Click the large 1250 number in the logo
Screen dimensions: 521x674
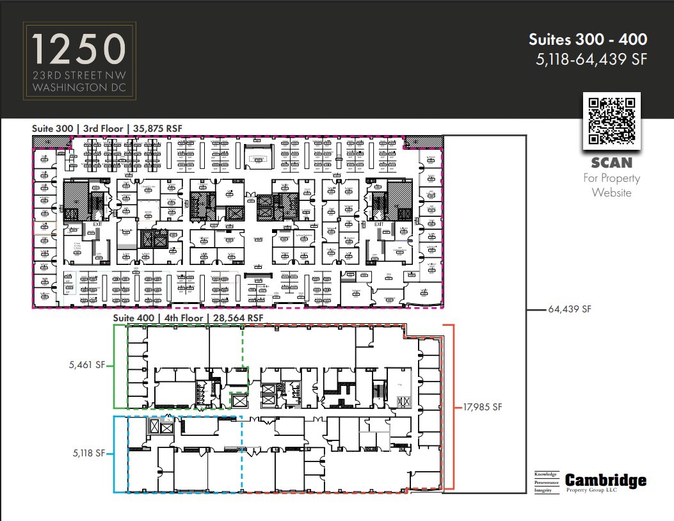tap(79, 49)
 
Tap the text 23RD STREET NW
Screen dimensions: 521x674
tap(79, 75)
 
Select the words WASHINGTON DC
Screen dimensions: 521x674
tap(79, 86)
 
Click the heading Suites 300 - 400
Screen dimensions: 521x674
tap(588, 40)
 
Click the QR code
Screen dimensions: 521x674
tap(612, 120)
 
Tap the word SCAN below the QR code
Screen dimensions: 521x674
tap(611, 163)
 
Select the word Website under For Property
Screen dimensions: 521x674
tap(611, 192)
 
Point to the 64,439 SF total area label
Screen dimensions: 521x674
tap(570, 309)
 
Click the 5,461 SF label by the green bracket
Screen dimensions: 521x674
tap(86, 366)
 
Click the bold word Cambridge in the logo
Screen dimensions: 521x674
tap(606, 481)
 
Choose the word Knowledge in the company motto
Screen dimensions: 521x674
tap(546, 474)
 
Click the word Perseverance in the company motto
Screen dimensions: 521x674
tap(547, 482)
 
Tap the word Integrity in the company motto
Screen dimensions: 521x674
tap(544, 490)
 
